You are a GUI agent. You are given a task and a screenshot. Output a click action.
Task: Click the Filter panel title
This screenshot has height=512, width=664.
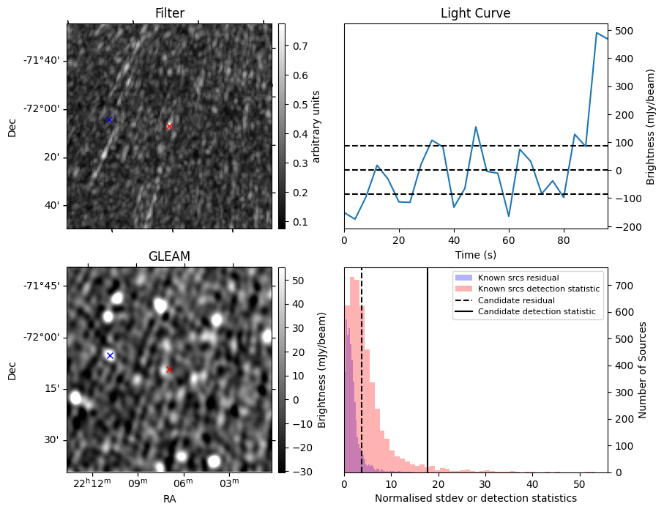(x=169, y=13)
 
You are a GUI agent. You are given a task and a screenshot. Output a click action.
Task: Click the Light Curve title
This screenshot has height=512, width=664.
(x=475, y=13)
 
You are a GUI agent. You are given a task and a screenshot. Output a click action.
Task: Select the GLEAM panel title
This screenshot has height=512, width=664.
(x=169, y=256)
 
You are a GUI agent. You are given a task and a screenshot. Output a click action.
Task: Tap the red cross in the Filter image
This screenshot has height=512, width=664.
(x=169, y=126)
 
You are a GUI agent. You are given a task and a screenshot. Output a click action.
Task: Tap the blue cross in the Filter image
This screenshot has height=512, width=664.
(x=109, y=119)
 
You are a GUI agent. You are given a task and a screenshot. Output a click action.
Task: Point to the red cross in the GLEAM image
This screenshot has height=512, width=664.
(x=169, y=369)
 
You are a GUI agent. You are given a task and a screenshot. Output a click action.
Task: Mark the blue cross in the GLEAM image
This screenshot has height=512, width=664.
(x=110, y=355)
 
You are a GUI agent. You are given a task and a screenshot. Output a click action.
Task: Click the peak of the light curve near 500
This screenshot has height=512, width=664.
(x=597, y=33)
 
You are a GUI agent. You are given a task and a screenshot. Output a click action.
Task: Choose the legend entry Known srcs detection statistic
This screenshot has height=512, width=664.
(x=538, y=289)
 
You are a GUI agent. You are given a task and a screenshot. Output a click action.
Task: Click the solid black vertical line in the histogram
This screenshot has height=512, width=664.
(x=428, y=381)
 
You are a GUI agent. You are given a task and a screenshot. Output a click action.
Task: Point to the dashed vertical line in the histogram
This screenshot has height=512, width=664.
(x=362, y=381)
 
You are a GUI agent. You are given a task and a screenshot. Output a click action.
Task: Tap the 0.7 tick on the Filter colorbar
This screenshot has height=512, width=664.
(x=294, y=46)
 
